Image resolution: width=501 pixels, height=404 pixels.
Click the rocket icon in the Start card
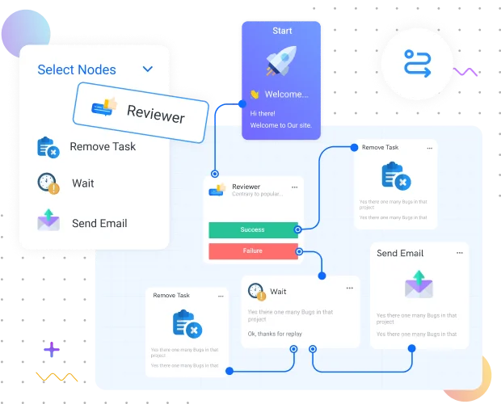click(281, 62)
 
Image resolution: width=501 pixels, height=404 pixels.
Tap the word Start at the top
click(282, 31)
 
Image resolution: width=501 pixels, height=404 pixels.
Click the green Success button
click(252, 229)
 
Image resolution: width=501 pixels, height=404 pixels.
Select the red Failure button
click(252, 251)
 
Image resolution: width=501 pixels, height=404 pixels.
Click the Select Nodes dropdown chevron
click(148, 69)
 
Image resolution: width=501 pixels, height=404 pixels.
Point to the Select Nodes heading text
click(77, 69)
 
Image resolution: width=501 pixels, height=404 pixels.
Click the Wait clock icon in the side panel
click(48, 183)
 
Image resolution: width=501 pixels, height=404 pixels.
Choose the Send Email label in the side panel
click(99, 223)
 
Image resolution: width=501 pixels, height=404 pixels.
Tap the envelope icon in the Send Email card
click(419, 285)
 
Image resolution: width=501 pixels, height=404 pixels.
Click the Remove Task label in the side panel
click(103, 146)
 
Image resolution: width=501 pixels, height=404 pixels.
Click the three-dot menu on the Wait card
click(349, 288)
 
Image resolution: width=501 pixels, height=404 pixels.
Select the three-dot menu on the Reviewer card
click(294, 187)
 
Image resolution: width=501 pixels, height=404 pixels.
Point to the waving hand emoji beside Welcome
click(255, 95)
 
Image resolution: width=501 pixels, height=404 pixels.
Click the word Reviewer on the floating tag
click(155, 114)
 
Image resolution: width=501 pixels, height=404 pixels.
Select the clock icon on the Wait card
click(256, 291)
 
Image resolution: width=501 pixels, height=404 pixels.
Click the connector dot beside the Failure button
click(300, 251)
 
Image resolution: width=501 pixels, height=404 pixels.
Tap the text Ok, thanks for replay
click(274, 333)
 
